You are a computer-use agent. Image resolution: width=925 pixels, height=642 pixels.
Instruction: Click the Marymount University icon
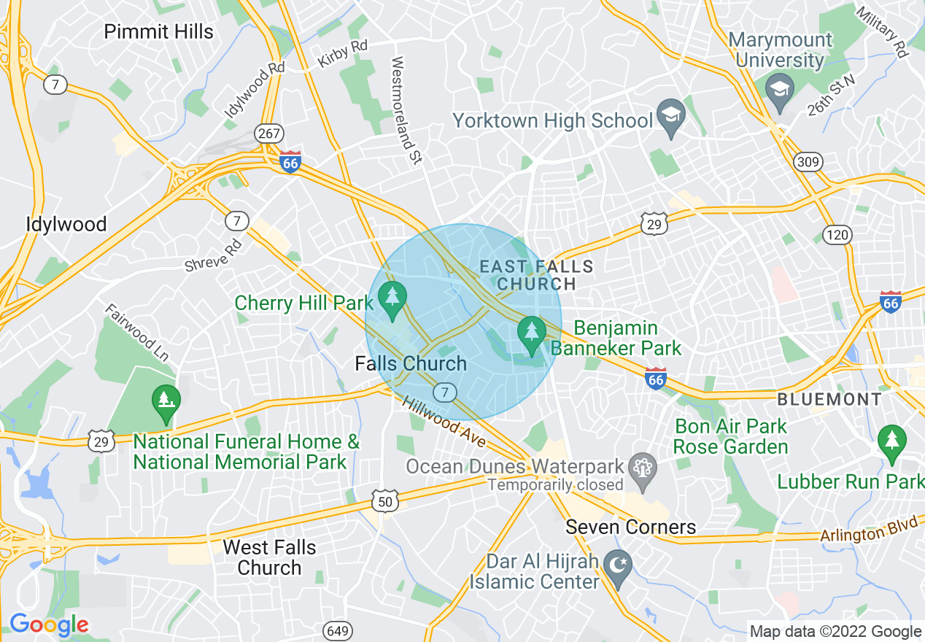[779, 90]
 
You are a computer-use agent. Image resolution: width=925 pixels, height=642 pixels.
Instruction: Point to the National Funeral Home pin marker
[166, 401]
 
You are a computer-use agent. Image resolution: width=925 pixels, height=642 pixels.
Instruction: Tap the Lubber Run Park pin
[891, 441]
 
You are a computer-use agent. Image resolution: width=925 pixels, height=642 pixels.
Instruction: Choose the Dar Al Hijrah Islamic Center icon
[619, 564]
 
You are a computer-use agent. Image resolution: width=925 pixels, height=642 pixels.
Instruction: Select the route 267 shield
[268, 134]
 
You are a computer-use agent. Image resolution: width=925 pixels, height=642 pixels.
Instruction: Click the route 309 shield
[808, 161]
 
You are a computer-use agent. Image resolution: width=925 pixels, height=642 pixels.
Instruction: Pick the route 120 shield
[836, 234]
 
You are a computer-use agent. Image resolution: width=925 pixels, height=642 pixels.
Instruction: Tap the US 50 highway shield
[384, 501]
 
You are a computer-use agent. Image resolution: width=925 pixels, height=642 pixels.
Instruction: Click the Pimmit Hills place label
[158, 32]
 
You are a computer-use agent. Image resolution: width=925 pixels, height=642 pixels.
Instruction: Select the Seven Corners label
[631, 527]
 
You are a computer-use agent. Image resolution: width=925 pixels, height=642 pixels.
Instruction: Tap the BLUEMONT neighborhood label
[829, 399]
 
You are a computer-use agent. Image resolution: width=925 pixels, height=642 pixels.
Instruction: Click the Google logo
[49, 624]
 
